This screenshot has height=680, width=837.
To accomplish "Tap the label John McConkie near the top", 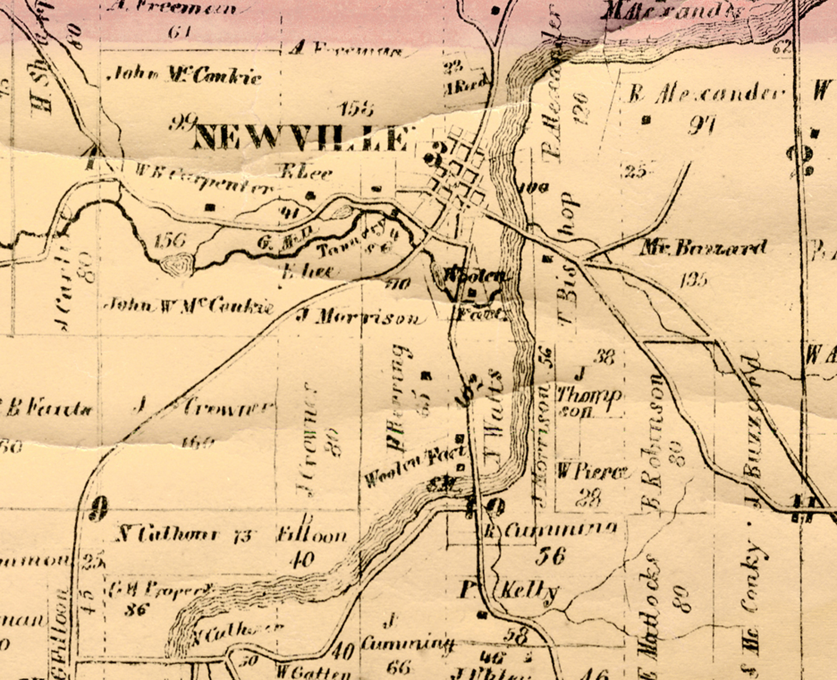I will pos(187,75).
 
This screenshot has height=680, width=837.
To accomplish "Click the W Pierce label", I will pos(593,472).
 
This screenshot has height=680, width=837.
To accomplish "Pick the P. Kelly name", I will pos(509,591).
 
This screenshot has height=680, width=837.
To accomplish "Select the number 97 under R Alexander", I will pos(701,126).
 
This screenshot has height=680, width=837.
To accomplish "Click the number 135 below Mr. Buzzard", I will pos(694,279).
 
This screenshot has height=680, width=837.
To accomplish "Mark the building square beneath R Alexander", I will pos(647,119).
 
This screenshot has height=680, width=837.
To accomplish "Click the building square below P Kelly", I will pos(483,615).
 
